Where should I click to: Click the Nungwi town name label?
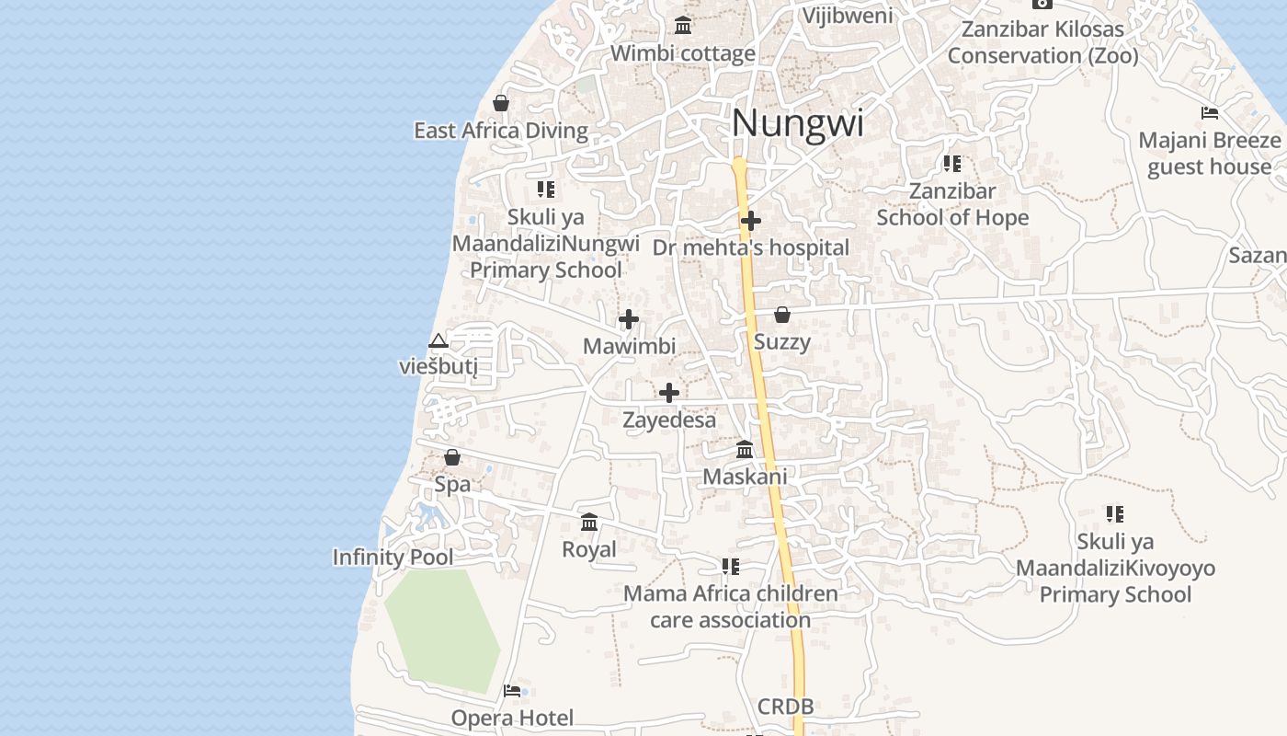(x=798, y=123)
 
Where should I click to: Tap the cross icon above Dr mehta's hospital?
(x=751, y=221)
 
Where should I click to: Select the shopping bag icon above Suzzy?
(x=782, y=316)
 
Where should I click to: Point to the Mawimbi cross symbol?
(x=629, y=319)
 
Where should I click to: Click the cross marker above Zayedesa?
(x=669, y=393)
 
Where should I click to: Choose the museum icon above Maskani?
(x=745, y=450)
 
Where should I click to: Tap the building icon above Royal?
(x=589, y=523)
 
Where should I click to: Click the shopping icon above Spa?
(x=452, y=457)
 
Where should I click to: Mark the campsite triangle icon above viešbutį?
(x=438, y=341)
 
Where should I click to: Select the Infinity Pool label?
(x=393, y=558)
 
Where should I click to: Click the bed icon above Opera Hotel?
(x=512, y=691)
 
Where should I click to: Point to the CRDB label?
(x=785, y=707)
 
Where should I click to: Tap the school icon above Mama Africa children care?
(x=731, y=567)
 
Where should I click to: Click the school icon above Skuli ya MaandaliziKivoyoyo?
(x=1115, y=513)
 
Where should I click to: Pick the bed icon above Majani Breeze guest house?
(x=1210, y=113)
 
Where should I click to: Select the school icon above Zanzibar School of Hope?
(x=952, y=164)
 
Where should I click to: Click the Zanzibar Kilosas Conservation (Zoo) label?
(x=1042, y=42)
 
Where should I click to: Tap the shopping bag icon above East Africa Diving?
(x=501, y=103)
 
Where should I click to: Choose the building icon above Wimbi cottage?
(x=683, y=25)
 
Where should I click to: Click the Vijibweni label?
(x=848, y=16)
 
